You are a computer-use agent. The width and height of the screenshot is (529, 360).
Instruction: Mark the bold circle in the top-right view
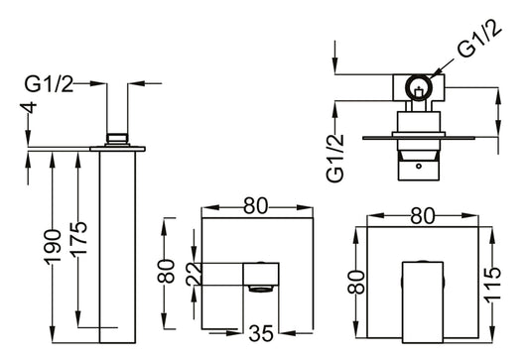[x=421, y=87]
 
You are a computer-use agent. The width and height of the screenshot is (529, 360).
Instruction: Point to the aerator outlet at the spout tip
[x=261, y=290]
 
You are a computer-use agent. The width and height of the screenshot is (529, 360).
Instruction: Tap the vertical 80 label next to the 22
[x=170, y=270]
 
